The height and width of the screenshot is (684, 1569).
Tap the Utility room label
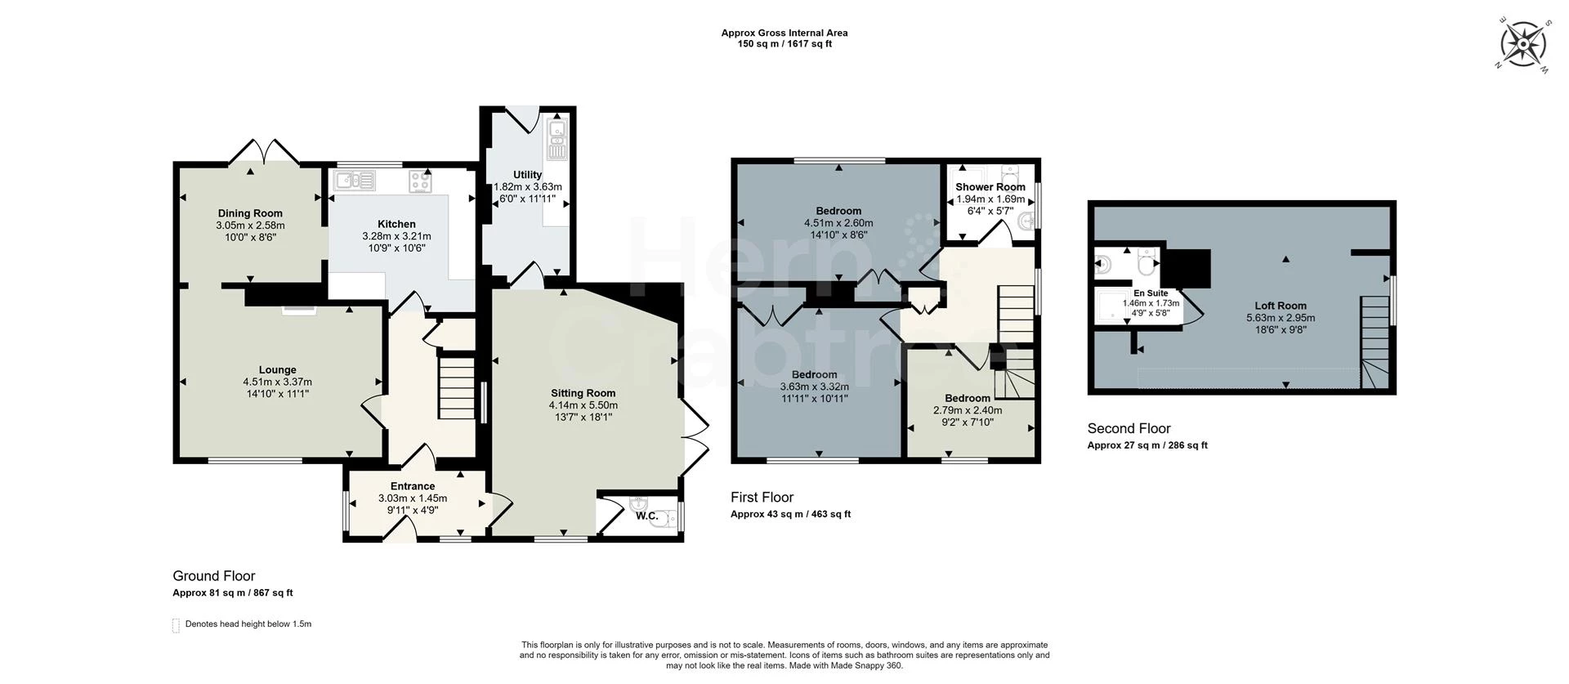point(527,175)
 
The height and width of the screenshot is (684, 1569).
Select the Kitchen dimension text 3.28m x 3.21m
point(396,236)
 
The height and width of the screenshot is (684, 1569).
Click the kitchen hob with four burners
point(421,181)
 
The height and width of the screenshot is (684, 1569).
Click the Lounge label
point(277,370)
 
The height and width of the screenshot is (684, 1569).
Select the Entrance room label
point(413,486)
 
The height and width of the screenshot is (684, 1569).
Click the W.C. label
point(646,516)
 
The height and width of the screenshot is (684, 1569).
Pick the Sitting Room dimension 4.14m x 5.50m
point(583,405)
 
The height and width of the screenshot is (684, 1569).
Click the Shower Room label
point(990,187)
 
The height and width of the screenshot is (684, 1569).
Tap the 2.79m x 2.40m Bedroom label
point(968,399)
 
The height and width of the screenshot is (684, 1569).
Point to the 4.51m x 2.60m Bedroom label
point(838,212)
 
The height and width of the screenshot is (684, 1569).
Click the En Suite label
point(1151,293)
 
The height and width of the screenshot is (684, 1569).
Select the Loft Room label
point(1281,306)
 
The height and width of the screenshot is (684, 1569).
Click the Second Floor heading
point(1129,428)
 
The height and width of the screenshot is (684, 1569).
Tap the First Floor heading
point(762,497)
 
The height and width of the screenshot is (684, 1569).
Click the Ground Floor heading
point(214,576)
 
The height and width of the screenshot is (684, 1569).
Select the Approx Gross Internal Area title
point(784,34)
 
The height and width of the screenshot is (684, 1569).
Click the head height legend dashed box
point(176,625)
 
